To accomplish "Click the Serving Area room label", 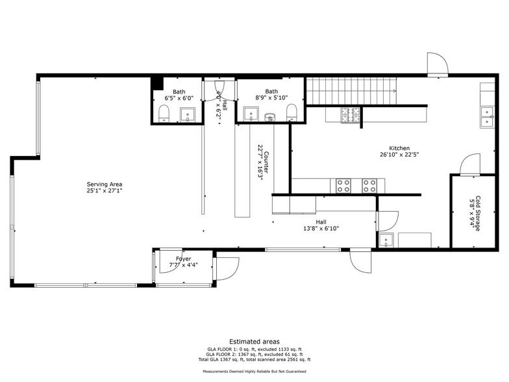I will tap(105, 188).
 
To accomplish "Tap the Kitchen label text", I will tap(399, 151).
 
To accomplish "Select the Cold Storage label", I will tap(475, 213).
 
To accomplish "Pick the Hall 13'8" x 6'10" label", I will tap(321, 225).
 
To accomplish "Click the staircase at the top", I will tap(351, 90).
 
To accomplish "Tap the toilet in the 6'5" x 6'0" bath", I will tap(163, 115).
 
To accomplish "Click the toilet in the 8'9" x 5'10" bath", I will tap(292, 112).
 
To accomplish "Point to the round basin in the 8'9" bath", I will tap(269, 118).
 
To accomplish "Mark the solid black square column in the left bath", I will tap(157, 83).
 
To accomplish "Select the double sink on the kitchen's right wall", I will tap(486, 116).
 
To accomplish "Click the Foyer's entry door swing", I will tap(227, 267).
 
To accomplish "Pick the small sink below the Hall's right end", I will tap(386, 240).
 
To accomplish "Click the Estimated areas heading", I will tap(255, 341).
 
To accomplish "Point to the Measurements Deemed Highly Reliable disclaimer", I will tap(255, 372).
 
